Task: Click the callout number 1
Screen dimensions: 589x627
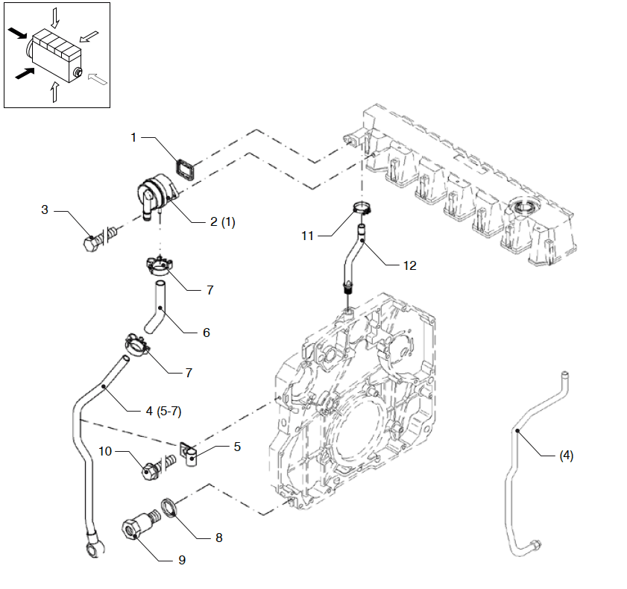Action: [133, 137]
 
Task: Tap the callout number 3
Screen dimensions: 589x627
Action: [45, 210]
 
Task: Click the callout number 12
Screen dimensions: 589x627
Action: [409, 265]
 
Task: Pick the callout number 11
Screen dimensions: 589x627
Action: [308, 236]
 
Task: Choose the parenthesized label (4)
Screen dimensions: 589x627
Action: [566, 456]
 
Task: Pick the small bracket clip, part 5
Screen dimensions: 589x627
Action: [190, 453]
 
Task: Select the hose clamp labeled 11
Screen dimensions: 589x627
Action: [362, 210]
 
